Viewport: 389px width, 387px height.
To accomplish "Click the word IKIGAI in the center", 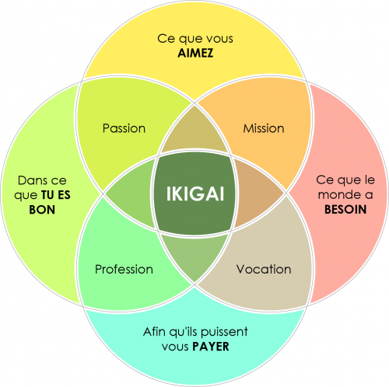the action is click(195, 193).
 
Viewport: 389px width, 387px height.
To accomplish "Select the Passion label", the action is click(124, 128).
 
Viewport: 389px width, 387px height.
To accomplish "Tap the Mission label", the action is click(264, 128).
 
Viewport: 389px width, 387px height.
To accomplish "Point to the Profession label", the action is click(124, 269).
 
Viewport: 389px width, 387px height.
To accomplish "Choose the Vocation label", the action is click(264, 269).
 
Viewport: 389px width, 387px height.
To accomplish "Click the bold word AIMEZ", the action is click(195, 53).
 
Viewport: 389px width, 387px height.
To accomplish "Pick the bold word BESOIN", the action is click(345, 209).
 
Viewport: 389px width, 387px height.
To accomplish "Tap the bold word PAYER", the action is click(211, 347).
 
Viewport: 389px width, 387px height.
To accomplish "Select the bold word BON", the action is click(42, 210).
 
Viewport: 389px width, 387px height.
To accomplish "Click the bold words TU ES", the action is click(56, 195).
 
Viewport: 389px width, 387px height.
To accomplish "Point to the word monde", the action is click(338, 194).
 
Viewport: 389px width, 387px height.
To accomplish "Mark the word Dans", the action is click(30, 180).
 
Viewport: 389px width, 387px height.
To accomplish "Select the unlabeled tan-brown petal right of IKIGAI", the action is click(258, 193).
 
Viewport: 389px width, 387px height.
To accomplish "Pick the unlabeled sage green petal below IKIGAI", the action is click(194, 256).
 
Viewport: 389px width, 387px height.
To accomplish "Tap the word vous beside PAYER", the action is click(176, 347).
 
